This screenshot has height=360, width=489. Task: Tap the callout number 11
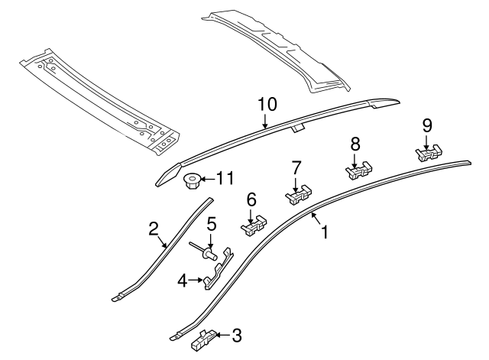224,179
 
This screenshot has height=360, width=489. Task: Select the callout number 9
427,124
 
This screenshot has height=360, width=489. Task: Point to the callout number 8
355,143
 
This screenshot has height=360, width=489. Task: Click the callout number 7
296,167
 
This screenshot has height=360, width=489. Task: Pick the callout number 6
251,198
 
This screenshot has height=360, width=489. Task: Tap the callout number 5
212,225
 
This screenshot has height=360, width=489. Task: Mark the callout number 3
237,334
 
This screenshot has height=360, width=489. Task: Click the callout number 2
154,228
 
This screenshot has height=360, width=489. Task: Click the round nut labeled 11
191,181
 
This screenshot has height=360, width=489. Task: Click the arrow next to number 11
207,180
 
